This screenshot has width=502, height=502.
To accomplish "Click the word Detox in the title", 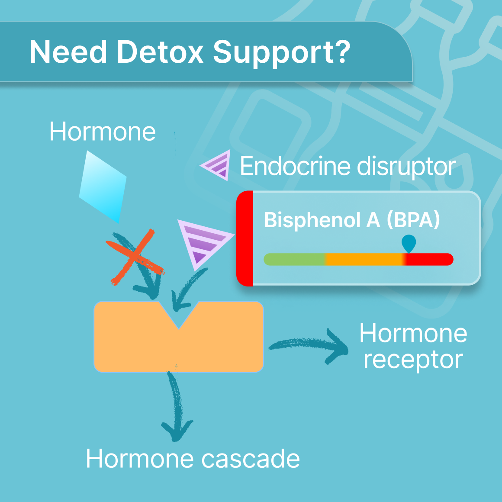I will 160,52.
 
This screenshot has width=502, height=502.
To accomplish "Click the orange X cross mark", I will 135,258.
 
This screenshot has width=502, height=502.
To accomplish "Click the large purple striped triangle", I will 201,243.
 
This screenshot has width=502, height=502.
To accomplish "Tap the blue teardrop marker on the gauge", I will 409,243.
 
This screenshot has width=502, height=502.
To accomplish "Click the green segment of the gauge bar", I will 294,259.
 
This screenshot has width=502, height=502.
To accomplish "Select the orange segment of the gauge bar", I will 364,259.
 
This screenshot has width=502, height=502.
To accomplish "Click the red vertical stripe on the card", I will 245,238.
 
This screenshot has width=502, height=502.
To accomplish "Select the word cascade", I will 251,459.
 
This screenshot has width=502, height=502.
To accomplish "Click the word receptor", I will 413,359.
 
